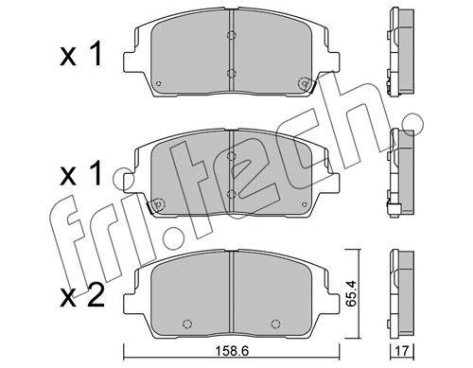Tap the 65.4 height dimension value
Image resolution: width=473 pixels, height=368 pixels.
pyautogui.click(x=350, y=293)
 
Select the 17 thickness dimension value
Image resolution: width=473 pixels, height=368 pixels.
pyautogui.click(x=402, y=351)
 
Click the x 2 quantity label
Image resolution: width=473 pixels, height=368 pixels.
pyautogui.click(x=82, y=296)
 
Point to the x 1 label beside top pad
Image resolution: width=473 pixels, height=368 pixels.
pyautogui.click(x=81, y=55)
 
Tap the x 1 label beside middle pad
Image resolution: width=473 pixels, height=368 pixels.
pyautogui.click(x=81, y=173)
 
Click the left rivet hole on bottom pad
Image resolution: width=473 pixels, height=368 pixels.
pyautogui.click(x=187, y=324)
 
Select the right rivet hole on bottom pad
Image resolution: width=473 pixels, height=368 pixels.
pyautogui.click(x=275, y=324)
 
